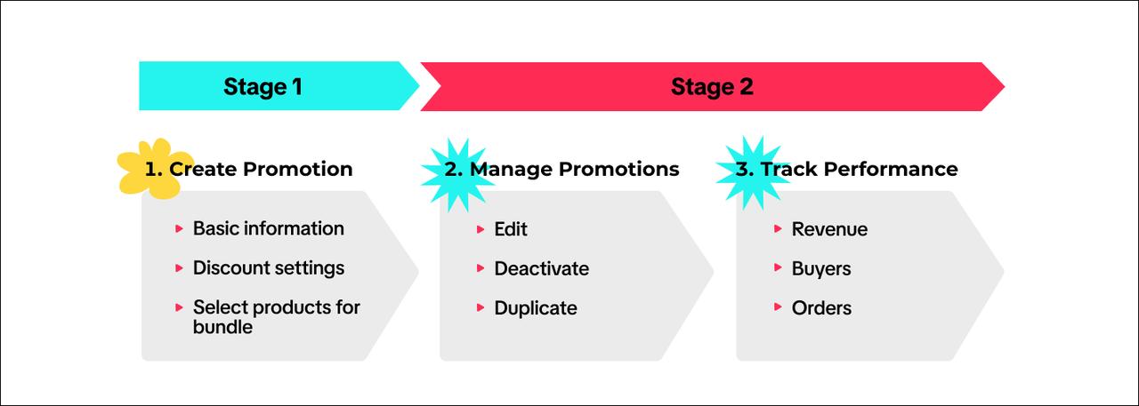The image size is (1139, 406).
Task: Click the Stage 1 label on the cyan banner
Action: pyautogui.click(x=263, y=87)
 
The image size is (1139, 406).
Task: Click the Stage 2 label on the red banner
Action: pyautogui.click(x=712, y=87)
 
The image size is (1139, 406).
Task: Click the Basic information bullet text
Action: pyautogui.click(x=268, y=228)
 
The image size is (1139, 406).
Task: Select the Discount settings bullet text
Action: pyautogui.click(x=268, y=267)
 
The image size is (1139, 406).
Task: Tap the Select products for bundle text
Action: pyautogui.click(x=276, y=317)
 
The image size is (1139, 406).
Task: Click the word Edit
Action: pyautogui.click(x=511, y=229)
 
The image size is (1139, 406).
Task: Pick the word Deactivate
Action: pyautogui.click(x=541, y=268)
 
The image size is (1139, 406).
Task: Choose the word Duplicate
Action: pyautogui.click(x=536, y=308)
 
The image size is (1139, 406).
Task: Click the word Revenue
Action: pyautogui.click(x=829, y=229)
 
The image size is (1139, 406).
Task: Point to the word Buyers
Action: pyautogui.click(x=821, y=268)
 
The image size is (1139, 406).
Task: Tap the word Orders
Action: pyautogui.click(x=821, y=308)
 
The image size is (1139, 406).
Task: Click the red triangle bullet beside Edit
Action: pyautogui.click(x=481, y=229)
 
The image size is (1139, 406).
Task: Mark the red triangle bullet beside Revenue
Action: pyautogui.click(x=778, y=229)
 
